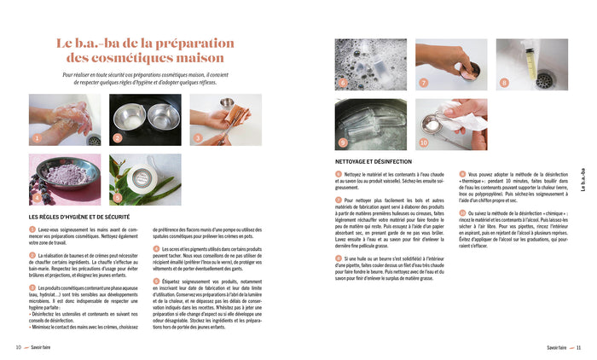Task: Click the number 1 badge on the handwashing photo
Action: pyautogui.click(x=37, y=137)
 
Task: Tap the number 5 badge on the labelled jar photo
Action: pyautogui.click(x=117, y=198)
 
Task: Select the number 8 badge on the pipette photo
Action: pyautogui.click(x=504, y=83)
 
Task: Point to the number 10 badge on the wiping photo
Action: pyautogui.click(x=424, y=142)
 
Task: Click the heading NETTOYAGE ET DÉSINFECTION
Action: pyautogui.click(x=380, y=162)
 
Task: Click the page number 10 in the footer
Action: pyautogui.click(x=18, y=347)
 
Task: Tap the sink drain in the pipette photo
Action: pyautogui.click(x=542, y=79)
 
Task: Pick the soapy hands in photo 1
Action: pyautogui.click(x=64, y=117)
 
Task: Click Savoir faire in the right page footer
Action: pyautogui.click(x=559, y=347)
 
